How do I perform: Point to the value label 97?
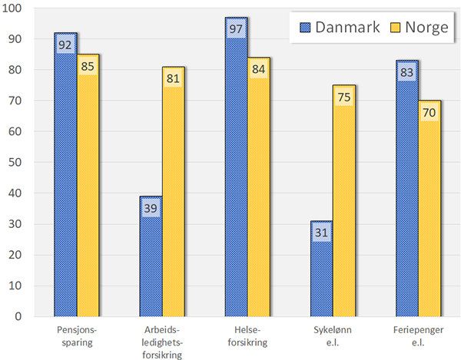[x=236, y=28]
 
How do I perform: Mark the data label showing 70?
[x=429, y=112]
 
